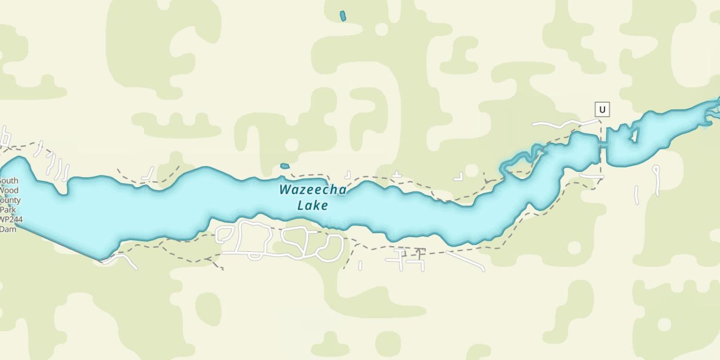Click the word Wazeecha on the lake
[x=312, y=190]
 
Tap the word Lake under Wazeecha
[x=312, y=206]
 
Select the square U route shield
[x=602, y=109]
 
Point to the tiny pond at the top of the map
[x=343, y=16]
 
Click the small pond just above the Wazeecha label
[x=285, y=166]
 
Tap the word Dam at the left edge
[x=8, y=229]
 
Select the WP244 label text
[x=11, y=220]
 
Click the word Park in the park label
[x=8, y=210]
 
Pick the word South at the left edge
[x=9, y=181]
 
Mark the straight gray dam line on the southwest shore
[x=58, y=243]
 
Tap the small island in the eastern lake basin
[x=635, y=136]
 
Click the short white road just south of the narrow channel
[x=591, y=176]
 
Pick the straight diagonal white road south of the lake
[x=466, y=261]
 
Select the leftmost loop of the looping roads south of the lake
[x=224, y=235]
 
